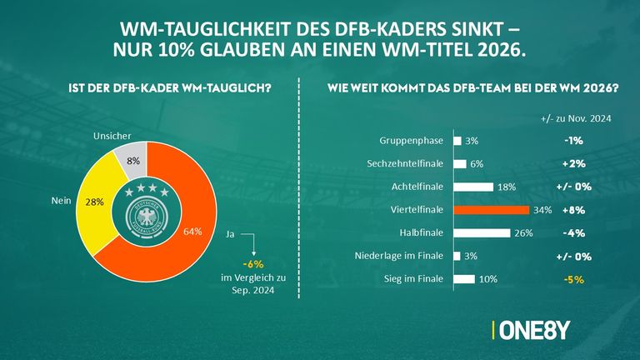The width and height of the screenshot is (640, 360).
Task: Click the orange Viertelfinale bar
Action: pos(491,210)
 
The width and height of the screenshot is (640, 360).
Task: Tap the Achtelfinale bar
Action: pos(472,187)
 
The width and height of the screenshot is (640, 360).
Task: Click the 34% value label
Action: pos(542,210)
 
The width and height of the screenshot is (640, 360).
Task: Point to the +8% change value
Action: pos(582,210)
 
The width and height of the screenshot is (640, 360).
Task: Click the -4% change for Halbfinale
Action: pos(582,233)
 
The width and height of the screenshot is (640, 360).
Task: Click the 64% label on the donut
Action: pos(192,232)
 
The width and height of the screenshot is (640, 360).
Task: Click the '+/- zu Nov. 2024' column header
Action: pos(574,119)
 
